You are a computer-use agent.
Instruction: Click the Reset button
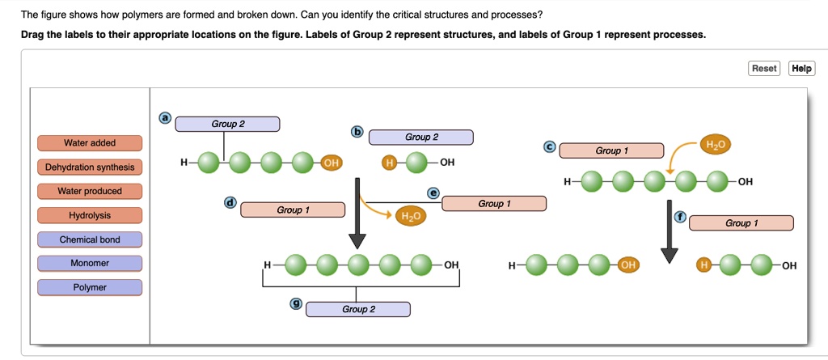point(764,69)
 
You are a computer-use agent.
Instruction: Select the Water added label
point(90,143)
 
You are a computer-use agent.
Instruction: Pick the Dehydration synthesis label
point(90,167)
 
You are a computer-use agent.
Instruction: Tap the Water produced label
point(90,192)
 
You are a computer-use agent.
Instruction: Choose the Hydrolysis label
point(90,216)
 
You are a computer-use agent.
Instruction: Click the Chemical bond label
point(90,240)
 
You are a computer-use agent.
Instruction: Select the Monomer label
point(90,264)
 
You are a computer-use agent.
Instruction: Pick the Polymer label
point(90,288)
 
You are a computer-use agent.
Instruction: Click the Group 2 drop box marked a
point(227,124)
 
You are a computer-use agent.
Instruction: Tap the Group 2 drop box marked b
point(421,138)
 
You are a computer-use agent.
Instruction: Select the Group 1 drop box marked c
point(611,150)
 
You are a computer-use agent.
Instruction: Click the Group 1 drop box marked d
point(293,210)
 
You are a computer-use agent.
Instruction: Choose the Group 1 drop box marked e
point(494,204)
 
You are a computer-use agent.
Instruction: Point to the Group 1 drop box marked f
point(741,223)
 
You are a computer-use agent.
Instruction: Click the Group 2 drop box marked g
point(358,310)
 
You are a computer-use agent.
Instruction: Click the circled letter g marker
point(297,303)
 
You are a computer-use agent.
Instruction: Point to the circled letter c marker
point(550,146)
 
